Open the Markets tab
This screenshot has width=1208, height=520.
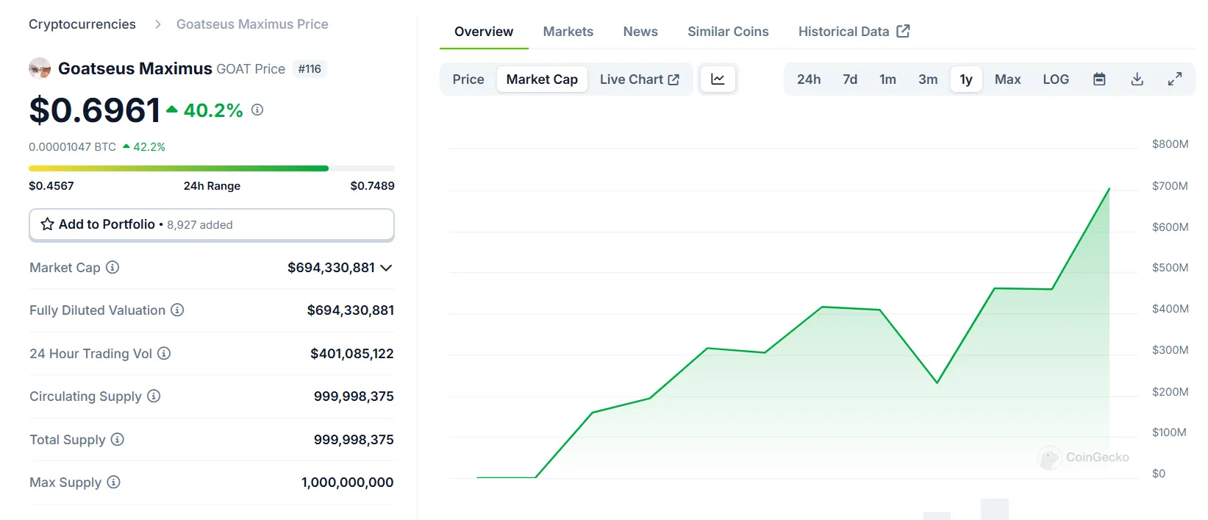(568, 32)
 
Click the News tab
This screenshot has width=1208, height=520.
(640, 32)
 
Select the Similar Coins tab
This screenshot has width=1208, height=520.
(728, 32)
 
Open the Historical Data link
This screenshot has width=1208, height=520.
(854, 32)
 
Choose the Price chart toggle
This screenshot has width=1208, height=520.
(468, 79)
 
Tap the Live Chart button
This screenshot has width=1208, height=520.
(639, 79)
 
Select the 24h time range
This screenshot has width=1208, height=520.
(809, 79)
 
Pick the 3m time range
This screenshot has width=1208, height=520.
(928, 79)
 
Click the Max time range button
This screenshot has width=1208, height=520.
(1007, 79)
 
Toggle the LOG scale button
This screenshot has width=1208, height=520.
(1056, 79)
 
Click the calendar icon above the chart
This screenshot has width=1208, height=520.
(1099, 79)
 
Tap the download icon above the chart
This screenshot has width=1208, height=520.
(1137, 79)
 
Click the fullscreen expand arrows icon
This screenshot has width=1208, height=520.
(1175, 79)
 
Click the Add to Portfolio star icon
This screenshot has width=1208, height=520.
(48, 224)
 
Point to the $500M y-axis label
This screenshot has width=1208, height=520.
(1170, 268)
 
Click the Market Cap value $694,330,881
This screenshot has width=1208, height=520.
(331, 268)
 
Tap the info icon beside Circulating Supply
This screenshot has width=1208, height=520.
(154, 396)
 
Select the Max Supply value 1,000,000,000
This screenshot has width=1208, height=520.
(347, 482)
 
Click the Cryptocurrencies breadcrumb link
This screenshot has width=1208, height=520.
(82, 24)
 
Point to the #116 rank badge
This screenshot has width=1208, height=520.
(310, 69)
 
